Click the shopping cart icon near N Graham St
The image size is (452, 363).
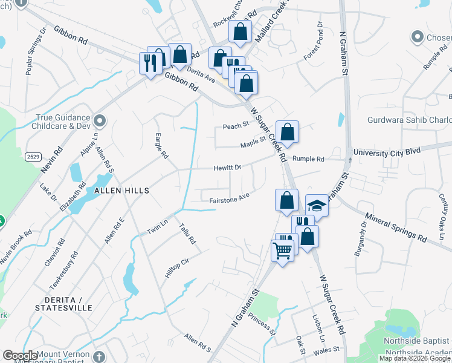point(283,250)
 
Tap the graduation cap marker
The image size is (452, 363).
point(317,206)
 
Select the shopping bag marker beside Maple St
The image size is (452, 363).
point(288,132)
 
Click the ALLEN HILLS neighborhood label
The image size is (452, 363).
point(121,190)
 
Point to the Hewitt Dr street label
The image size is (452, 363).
point(227,168)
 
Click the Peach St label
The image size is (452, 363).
point(236,125)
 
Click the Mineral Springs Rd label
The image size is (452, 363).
point(396,227)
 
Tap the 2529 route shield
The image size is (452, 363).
point(34,157)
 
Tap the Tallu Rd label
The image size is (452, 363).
point(187,233)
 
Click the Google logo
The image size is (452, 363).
point(20,356)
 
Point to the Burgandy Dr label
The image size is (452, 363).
point(364,235)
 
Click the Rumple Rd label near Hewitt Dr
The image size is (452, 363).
point(308,159)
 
